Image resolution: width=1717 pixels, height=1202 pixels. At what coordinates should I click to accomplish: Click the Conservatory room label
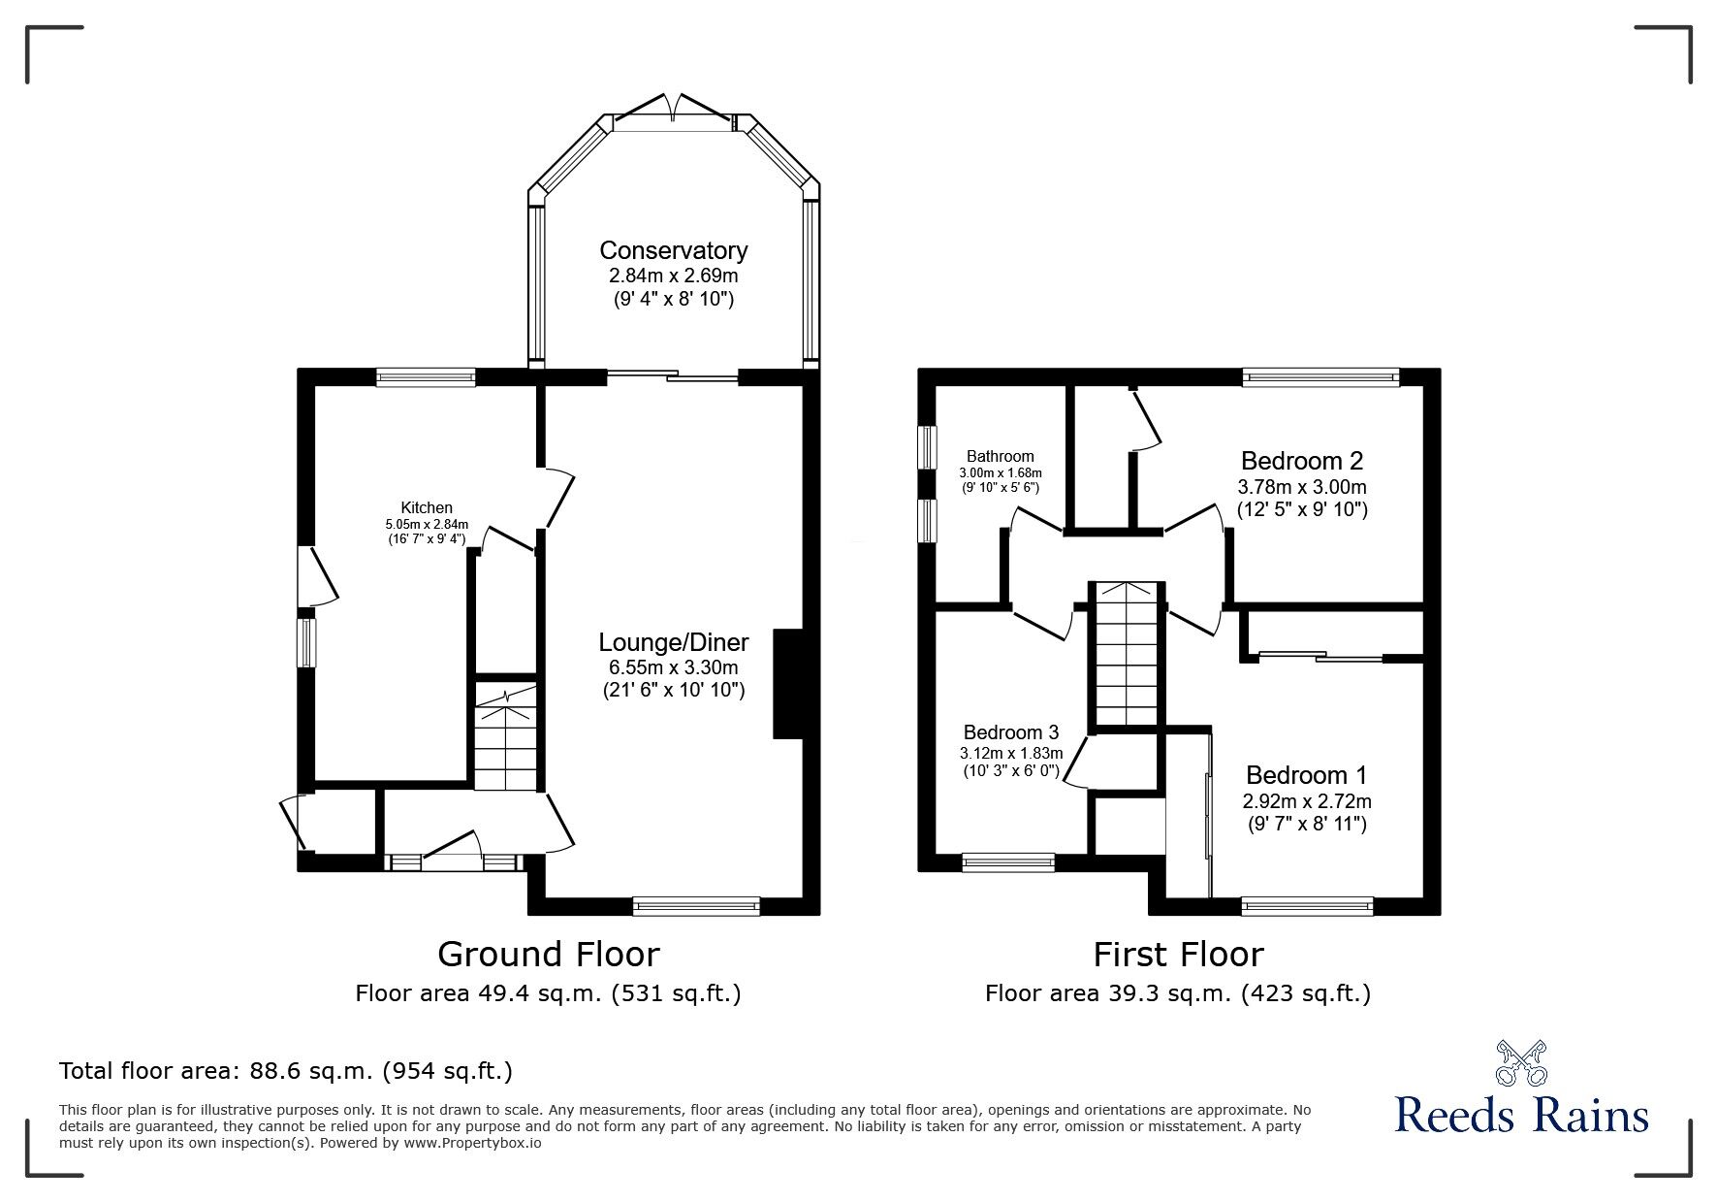point(673,250)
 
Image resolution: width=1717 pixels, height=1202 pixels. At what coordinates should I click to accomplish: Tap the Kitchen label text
point(427,507)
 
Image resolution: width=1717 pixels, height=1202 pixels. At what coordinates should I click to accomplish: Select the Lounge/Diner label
point(674,642)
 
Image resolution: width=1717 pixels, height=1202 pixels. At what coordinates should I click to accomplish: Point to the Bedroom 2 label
point(1302,460)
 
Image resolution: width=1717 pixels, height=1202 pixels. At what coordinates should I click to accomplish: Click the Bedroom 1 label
point(1307,775)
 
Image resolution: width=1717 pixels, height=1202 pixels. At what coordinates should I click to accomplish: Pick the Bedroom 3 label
point(1011,732)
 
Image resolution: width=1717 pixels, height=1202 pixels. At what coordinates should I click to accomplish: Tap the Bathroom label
point(1000,456)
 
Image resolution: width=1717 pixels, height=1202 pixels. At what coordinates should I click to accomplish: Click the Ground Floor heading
point(549,955)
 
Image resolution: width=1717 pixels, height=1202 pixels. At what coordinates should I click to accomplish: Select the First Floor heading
point(1178,955)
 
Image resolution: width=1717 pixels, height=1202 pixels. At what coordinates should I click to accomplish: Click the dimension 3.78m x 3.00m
point(1302,486)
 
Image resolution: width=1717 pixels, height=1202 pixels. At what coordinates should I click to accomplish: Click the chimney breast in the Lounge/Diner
point(789,685)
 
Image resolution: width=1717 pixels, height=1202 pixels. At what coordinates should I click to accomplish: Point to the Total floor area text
point(286,1071)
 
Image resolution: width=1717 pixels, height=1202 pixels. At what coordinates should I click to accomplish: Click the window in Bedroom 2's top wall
point(1320,377)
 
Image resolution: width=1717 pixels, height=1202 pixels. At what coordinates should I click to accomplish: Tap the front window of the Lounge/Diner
point(696,906)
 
